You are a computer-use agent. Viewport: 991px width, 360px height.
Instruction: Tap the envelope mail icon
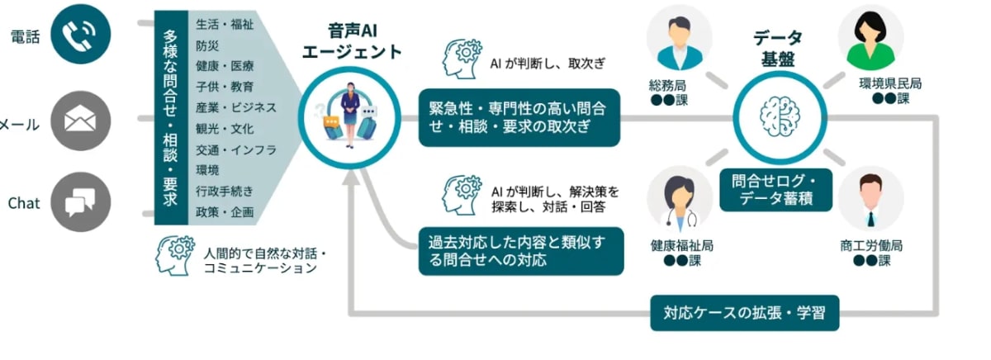click(x=80, y=122)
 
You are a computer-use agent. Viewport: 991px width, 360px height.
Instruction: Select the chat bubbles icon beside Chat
click(x=80, y=202)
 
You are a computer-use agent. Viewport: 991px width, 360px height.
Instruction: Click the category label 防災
click(x=208, y=45)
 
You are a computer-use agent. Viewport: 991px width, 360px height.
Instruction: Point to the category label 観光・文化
click(x=225, y=128)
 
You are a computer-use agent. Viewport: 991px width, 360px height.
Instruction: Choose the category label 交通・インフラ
click(x=235, y=149)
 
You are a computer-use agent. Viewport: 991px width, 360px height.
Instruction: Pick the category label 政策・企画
click(x=225, y=212)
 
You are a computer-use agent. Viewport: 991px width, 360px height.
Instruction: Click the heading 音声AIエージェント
click(x=351, y=41)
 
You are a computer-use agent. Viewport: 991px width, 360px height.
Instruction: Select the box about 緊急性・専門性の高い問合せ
click(x=519, y=117)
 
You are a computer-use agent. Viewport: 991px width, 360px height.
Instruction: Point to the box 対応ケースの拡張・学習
click(x=744, y=313)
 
